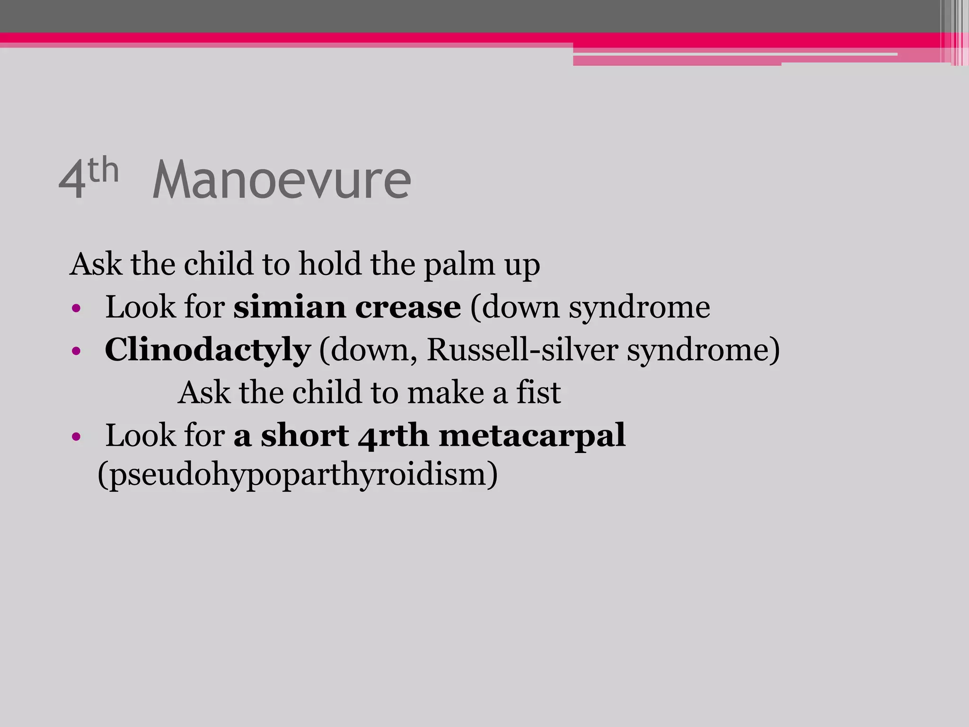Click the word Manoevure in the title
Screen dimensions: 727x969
click(x=282, y=180)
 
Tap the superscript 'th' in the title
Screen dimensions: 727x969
click(x=103, y=170)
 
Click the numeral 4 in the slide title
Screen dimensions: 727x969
click(x=72, y=180)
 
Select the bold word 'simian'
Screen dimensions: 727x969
click(x=289, y=307)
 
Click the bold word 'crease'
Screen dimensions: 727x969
click(x=408, y=307)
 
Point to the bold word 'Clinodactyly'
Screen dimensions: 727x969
click(x=208, y=351)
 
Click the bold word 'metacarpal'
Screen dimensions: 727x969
click(x=532, y=435)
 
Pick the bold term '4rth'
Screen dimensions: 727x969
click(x=393, y=435)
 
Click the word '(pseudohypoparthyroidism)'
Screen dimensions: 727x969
click(x=298, y=474)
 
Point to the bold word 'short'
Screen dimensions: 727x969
click(x=305, y=435)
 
